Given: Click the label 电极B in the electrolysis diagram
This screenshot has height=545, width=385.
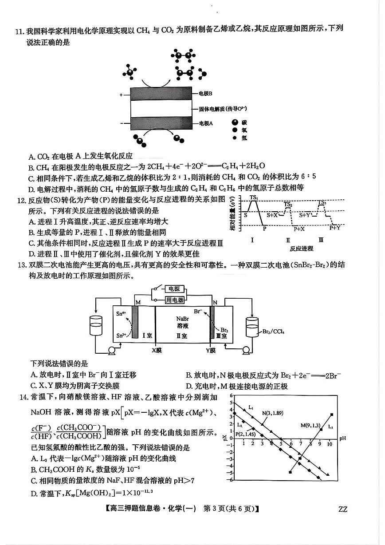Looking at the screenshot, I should (205, 94).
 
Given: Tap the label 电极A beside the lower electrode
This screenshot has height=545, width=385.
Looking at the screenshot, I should (205, 123).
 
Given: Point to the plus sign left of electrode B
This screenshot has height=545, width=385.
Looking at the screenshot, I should (121, 95).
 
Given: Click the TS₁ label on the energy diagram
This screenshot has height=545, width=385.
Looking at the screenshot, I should (253, 197).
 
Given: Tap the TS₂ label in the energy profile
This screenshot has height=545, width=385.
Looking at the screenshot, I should (288, 204).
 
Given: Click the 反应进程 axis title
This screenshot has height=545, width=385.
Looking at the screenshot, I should (301, 249).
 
